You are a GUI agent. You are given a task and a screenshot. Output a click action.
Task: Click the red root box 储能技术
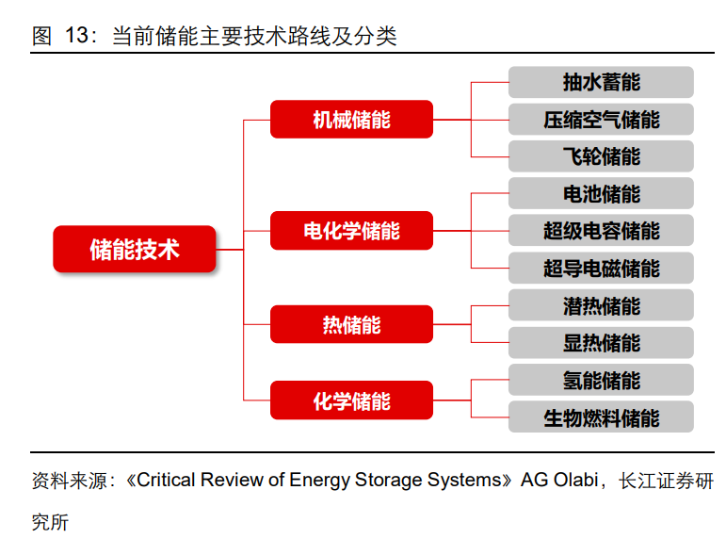pos(135,250)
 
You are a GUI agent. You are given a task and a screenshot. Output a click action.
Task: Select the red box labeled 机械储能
pos(351,119)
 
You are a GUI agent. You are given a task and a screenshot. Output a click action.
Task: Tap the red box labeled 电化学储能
pos(351,230)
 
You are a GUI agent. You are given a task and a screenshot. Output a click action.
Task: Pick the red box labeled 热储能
pos(351,324)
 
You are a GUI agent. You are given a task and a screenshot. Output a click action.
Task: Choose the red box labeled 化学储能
pos(351,400)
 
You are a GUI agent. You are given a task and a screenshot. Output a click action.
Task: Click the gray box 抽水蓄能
pos(601,82)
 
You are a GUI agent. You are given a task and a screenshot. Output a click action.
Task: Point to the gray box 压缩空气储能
pos(601,119)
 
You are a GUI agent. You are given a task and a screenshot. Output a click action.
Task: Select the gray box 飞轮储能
pos(601,156)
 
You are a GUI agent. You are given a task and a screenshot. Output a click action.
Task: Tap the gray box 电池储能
pos(601,193)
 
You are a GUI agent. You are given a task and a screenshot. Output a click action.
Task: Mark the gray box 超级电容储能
pos(601,230)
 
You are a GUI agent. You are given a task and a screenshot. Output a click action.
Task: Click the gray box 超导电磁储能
pos(601,268)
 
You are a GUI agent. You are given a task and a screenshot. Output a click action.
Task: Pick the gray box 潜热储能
pos(601,305)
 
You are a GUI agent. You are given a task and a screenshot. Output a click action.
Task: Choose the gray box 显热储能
pos(601,342)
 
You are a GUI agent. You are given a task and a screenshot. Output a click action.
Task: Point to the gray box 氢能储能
pos(601,380)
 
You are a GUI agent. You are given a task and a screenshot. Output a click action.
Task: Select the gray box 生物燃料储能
pos(601,417)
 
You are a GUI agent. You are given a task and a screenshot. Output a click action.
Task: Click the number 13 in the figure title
pos(76,35)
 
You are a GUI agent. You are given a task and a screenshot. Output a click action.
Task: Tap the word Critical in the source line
pos(167,481)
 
